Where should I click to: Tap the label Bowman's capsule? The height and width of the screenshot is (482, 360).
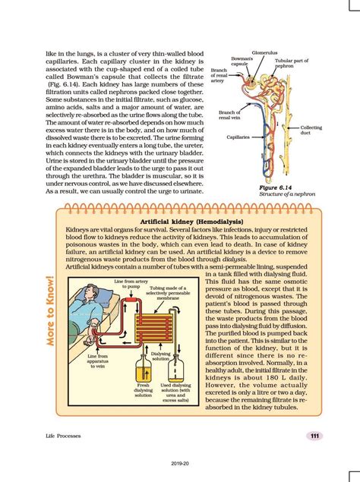click(x=242, y=61)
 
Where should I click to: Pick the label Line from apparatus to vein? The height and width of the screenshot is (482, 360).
click(x=99, y=360)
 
